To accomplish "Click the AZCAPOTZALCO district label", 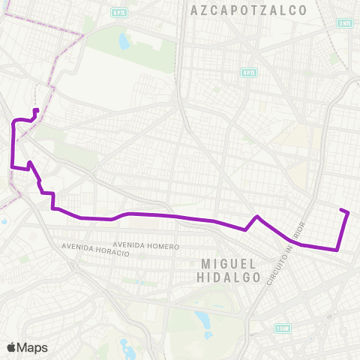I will click(x=250, y=10).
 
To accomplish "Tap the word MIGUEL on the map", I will click(x=230, y=264).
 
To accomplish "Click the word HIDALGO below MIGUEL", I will click(x=231, y=277).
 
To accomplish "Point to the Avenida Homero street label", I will click(x=147, y=246).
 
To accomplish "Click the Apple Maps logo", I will click(x=27, y=347).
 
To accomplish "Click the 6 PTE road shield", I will click(x=118, y=13).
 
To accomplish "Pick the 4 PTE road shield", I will click(x=248, y=73).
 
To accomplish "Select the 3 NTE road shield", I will click(x=344, y=24).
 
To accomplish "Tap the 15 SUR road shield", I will click(x=282, y=328).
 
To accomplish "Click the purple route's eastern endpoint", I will click(x=342, y=210).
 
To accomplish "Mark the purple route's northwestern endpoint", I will click(x=36, y=111).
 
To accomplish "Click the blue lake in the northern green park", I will click(x=123, y=39).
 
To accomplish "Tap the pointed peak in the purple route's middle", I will click(x=257, y=217).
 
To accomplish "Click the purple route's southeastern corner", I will click(x=339, y=249).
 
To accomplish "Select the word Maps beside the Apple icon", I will click(x=33, y=347).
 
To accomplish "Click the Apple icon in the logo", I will click(x=12, y=347).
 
